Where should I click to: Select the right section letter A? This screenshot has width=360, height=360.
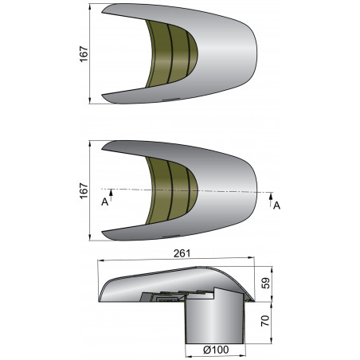click(276, 205)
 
